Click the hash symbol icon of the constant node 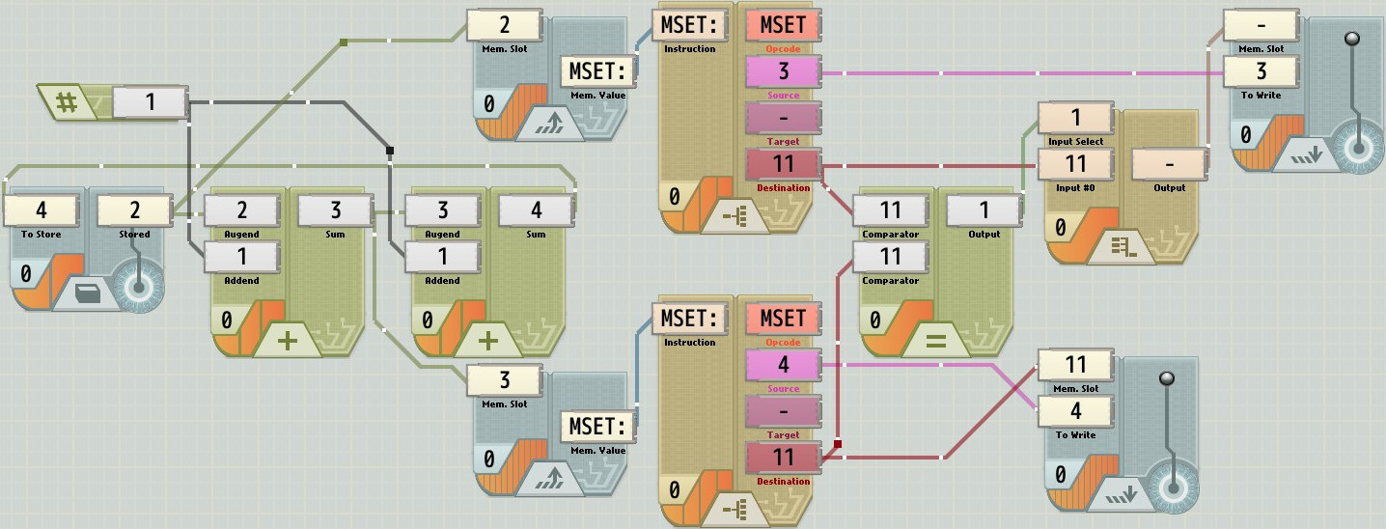[x=67, y=101]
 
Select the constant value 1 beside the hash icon [x=150, y=101]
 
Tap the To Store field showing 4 [x=41, y=209]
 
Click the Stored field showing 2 [x=134, y=209]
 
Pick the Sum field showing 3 [x=335, y=209]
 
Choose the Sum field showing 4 [x=536, y=209]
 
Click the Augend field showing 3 [x=443, y=209]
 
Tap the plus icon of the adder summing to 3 [x=288, y=341]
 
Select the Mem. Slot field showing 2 [x=504, y=24]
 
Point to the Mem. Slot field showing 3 [x=504, y=379]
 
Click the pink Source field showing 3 [x=783, y=70]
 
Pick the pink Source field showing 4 [x=783, y=364]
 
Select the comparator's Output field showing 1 [x=984, y=209]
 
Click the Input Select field [x=1075, y=117]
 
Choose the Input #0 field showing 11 [x=1075, y=163]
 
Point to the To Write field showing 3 [x=1261, y=70]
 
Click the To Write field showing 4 [x=1075, y=410]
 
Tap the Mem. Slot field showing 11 [x=1075, y=364]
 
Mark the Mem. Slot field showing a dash [x=1261, y=24]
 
